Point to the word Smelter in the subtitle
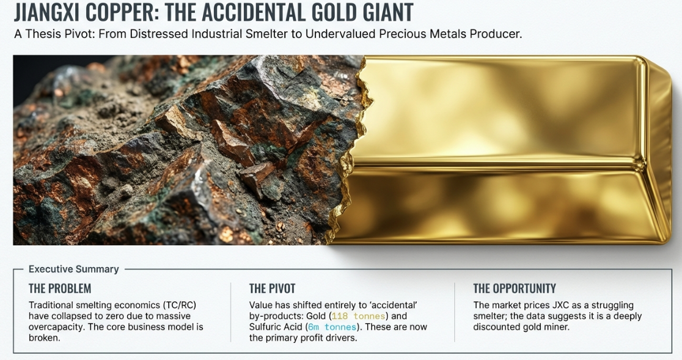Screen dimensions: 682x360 [x=266, y=34]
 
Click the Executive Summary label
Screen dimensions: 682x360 [x=73, y=269]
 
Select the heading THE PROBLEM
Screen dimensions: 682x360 [x=60, y=288]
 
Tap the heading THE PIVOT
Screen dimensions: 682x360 [x=273, y=288]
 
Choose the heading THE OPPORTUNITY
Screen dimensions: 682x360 [x=515, y=288]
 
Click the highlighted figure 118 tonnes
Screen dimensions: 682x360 [x=358, y=316]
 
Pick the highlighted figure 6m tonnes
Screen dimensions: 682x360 [x=332, y=327]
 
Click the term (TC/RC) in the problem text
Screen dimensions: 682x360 [x=180, y=305]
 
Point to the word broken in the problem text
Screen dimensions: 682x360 [x=45, y=338]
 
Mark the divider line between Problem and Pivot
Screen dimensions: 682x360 [x=230, y=312]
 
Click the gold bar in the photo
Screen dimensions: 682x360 [x=500, y=150]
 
